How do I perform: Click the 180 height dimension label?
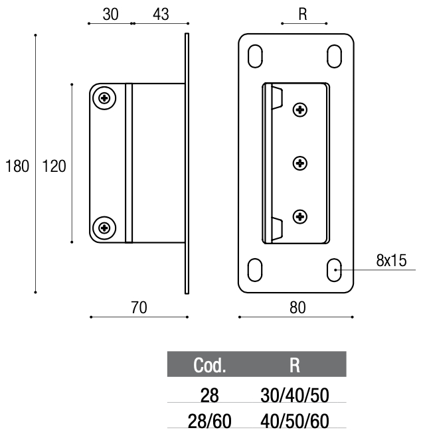17,166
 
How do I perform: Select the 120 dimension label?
54,166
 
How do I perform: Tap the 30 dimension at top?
111,15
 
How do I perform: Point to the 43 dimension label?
161,15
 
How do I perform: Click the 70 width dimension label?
139,307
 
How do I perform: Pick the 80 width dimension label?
297,307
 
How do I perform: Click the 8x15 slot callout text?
391,260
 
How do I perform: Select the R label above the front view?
303,15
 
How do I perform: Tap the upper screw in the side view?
104,98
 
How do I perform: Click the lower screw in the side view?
104,228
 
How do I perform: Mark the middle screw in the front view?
300,163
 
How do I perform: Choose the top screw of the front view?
300,110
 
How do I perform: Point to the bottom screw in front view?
300,216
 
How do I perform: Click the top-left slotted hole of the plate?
255,56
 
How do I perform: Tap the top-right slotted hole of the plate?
335,56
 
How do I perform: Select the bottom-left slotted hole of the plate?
255,269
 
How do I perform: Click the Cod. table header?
210,366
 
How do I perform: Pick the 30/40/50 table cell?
295,396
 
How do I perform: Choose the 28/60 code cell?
210,421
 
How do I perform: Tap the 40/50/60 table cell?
295,421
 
